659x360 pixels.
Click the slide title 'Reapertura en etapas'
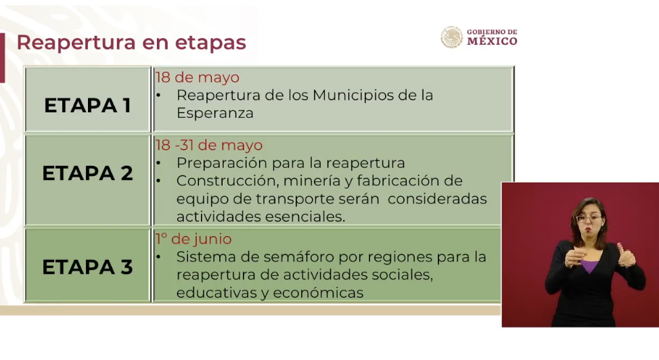point(131,43)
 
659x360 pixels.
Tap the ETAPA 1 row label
point(87,105)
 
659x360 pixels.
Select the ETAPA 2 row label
point(87,173)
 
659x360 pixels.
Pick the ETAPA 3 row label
point(87,267)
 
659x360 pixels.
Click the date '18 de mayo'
point(197,77)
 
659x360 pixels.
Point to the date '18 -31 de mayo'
point(209,145)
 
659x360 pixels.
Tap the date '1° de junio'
point(194,239)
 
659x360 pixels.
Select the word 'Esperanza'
point(214,113)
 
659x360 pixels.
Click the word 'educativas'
point(217,293)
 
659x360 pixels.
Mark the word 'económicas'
point(318,293)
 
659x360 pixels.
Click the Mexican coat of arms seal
point(452,37)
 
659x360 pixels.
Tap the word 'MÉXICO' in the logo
point(492,41)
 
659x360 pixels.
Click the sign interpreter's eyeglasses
point(589,219)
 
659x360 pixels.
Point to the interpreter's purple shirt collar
point(590,266)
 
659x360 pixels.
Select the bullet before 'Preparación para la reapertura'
point(158,163)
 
